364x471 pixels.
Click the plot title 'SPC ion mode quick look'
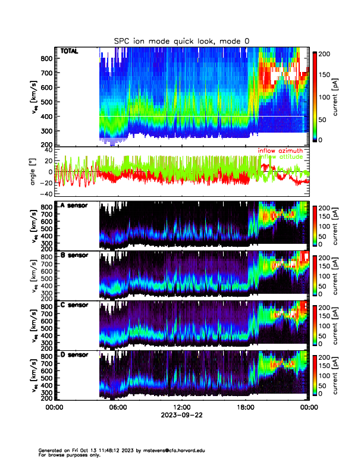(181, 40)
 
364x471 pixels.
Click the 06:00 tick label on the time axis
(118, 408)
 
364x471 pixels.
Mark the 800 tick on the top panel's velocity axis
(45, 58)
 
